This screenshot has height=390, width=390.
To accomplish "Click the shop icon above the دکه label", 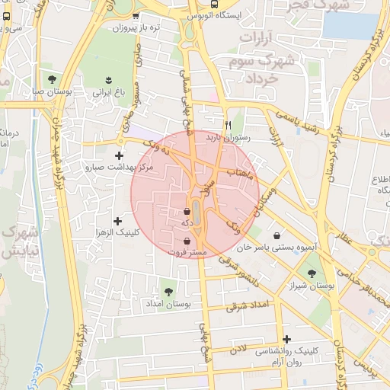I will pyautogui.click(x=187, y=211).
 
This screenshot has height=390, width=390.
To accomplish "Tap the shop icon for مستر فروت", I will pyautogui.click(x=187, y=241).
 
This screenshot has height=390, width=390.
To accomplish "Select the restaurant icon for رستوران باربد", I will pyautogui.click(x=227, y=125).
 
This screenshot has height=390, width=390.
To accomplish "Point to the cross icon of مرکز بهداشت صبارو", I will pyautogui.click(x=117, y=155).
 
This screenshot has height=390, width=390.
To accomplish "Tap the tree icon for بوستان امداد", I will pyautogui.click(x=168, y=291).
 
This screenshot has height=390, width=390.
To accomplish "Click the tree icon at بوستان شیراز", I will pyautogui.click(x=311, y=273).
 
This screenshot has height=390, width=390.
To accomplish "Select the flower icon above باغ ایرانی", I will pyautogui.click(x=107, y=79).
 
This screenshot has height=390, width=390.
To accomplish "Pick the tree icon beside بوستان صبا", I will pyautogui.click(x=52, y=78).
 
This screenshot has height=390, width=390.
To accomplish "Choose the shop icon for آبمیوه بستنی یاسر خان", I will pyautogui.click(x=275, y=235).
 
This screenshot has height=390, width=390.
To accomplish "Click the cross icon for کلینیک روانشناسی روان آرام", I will pyautogui.click(x=286, y=339).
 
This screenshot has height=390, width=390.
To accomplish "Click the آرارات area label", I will pyautogui.click(x=260, y=36).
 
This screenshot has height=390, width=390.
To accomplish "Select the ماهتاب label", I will pyautogui.click(x=240, y=174).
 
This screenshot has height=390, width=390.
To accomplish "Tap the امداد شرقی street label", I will pyautogui.click(x=248, y=306).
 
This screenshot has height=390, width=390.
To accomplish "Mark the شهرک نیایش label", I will pyautogui.click(x=15, y=240).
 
